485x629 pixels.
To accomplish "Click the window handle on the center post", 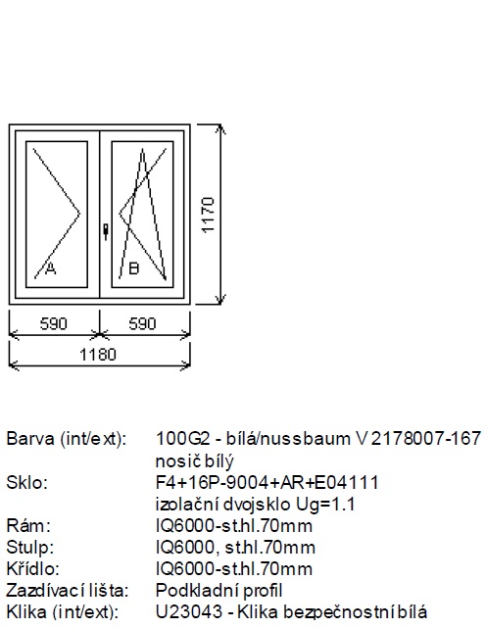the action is (106, 232).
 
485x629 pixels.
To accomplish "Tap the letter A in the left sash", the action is (50, 268).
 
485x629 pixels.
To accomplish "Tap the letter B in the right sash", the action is (133, 268).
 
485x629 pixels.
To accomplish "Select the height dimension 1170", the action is (208, 215).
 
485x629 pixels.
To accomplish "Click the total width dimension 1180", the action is (98, 355).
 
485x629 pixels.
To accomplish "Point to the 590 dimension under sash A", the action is (53, 323).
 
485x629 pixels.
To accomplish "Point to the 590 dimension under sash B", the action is (142, 323).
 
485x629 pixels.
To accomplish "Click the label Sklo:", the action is (26, 482).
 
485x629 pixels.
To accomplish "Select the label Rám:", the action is (28, 525).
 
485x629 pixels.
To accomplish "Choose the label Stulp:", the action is (30, 547).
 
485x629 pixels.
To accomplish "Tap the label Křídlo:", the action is (33, 568).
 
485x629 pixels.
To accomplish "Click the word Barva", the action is (30, 439).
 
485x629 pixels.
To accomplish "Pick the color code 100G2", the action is (182, 439).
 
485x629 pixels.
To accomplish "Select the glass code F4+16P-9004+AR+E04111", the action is (267, 482).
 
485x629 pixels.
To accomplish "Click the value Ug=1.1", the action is (325, 505).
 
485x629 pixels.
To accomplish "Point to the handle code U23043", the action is (188, 612).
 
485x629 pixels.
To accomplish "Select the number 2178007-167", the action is (425, 439).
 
